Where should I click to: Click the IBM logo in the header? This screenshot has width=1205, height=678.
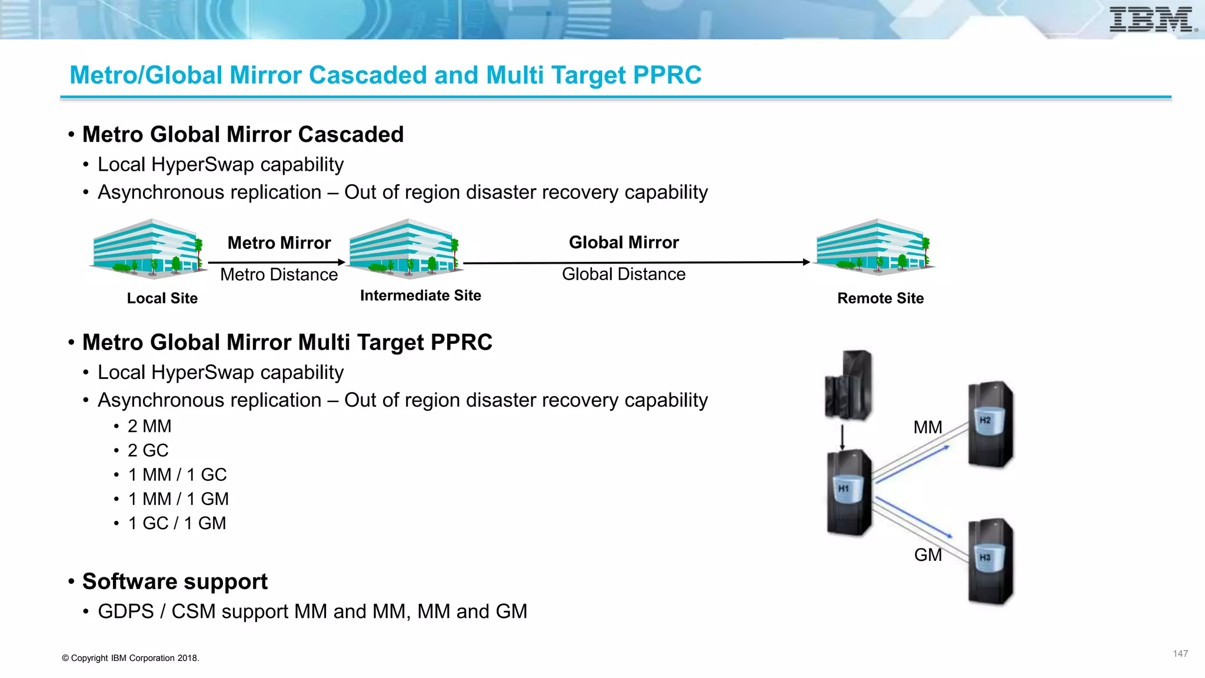(x=1152, y=19)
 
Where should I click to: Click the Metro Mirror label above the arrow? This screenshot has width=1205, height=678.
(x=279, y=243)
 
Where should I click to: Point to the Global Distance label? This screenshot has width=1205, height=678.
(x=624, y=274)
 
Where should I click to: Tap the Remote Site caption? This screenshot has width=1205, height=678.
(x=880, y=298)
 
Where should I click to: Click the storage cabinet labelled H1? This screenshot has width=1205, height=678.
(x=848, y=492)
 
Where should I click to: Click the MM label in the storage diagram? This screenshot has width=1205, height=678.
(x=927, y=427)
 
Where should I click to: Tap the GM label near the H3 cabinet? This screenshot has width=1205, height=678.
(x=928, y=555)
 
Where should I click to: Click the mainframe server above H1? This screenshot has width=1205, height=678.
(x=848, y=385)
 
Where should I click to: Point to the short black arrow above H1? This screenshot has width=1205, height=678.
(x=842, y=437)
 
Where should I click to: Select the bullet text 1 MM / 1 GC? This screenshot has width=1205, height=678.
(x=177, y=475)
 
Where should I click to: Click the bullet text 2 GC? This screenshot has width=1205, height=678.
(x=148, y=451)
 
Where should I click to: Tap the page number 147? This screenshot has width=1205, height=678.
(x=1180, y=654)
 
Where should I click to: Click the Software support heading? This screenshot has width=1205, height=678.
(x=175, y=581)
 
